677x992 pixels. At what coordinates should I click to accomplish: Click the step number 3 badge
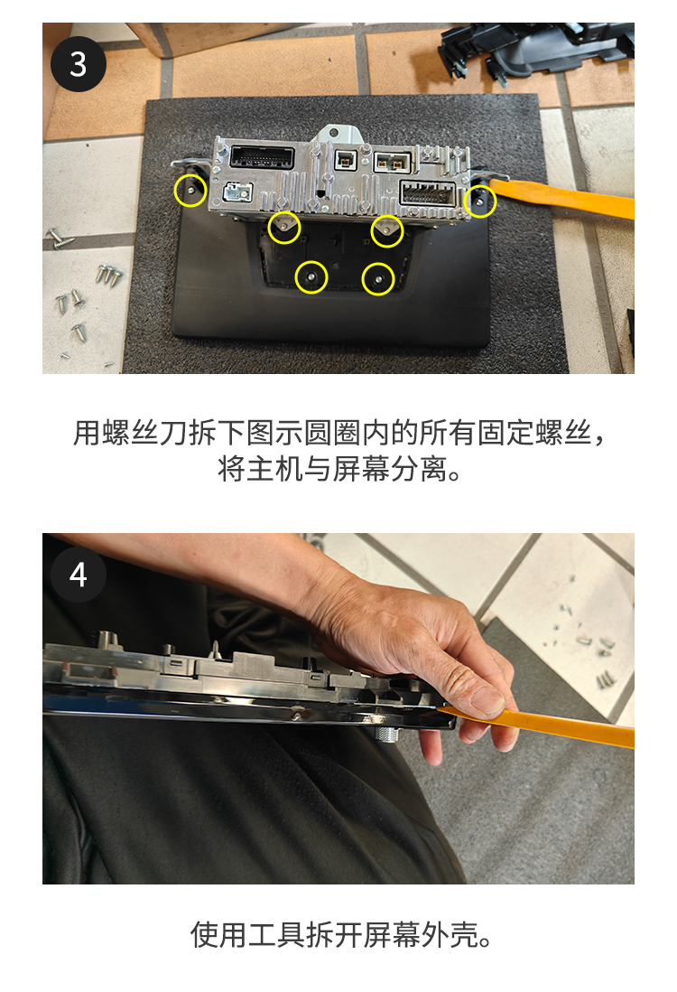79,64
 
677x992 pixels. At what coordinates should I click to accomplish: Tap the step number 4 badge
79,575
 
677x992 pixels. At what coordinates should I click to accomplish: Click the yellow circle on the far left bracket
190,190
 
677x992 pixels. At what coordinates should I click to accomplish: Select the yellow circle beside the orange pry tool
480,201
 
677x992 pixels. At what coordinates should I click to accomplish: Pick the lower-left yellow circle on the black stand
311,277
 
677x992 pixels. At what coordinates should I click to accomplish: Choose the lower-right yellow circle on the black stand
378,278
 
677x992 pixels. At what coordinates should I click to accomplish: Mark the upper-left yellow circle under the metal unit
283,228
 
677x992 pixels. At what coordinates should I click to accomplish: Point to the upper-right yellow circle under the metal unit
387,231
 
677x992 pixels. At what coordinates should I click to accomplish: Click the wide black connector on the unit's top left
263,156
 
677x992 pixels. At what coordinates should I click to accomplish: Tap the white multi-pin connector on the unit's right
429,193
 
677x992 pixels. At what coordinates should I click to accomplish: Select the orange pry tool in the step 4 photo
537,726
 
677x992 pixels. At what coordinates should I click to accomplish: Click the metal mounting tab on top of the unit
339,136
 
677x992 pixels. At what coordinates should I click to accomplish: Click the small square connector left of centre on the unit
345,161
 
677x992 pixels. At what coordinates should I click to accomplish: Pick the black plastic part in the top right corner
537,50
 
